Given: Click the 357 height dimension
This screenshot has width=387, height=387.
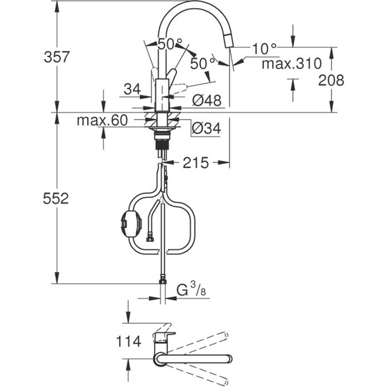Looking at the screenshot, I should tap(57, 57).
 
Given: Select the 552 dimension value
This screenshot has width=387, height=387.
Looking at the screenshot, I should tap(57, 199).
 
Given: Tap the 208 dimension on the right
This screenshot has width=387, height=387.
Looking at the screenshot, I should tap(331, 80).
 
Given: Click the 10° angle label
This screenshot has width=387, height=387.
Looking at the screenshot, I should tap(264, 49).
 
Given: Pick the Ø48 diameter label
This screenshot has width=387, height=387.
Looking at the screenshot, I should tap(206, 100).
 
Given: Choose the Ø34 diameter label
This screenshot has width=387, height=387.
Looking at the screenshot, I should tap(206, 129).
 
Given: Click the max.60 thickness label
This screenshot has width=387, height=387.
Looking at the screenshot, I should tap(102, 121).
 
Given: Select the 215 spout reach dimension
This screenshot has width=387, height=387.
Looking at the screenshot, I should tap(196, 163).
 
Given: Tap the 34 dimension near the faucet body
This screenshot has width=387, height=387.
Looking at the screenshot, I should tap(131, 89).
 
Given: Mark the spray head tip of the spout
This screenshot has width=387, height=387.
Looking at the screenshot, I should tap(230, 41).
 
